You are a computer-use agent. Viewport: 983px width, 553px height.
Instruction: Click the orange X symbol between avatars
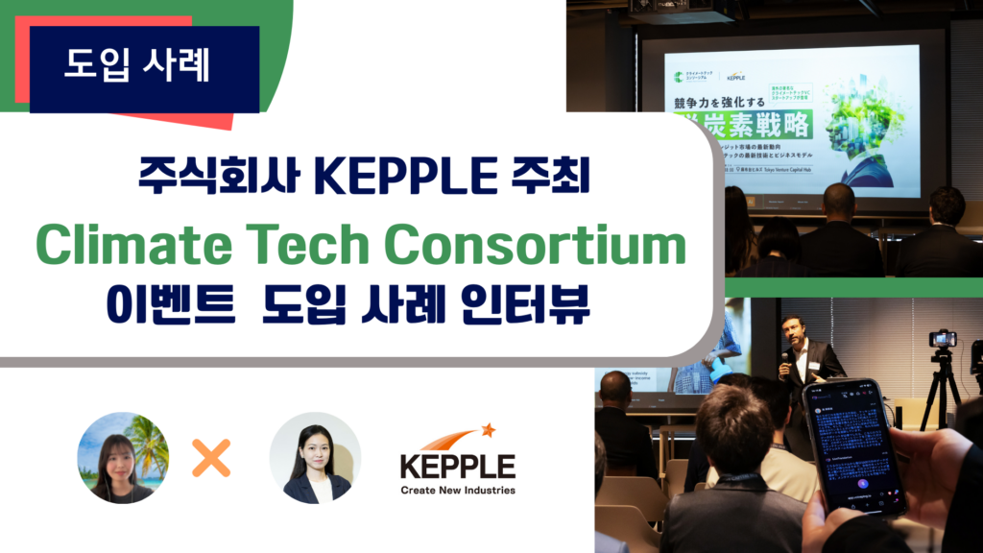click(211, 459)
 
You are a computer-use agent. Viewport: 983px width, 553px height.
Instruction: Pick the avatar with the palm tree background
click(123, 458)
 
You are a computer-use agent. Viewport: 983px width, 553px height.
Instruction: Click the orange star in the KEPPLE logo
click(488, 429)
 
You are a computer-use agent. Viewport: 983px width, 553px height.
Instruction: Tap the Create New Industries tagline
click(458, 490)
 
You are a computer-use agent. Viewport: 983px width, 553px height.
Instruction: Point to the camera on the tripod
click(943, 339)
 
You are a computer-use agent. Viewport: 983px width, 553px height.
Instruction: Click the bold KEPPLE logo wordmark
click(458, 467)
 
